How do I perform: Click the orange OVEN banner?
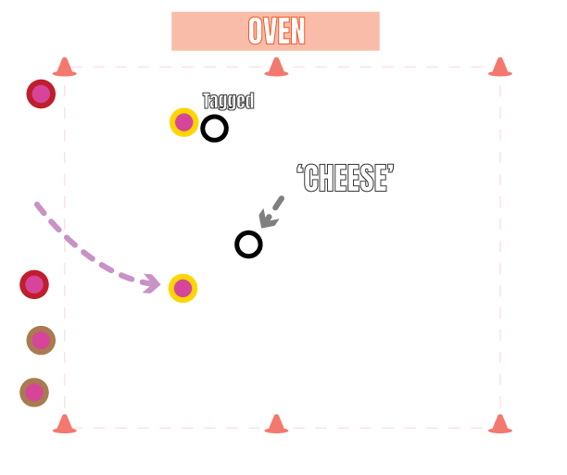[x=275, y=31]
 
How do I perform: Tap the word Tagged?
[x=228, y=101]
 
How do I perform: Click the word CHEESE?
[x=346, y=179]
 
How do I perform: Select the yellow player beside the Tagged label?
[x=183, y=122]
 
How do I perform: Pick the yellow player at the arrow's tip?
[x=183, y=288]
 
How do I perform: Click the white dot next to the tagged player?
[x=214, y=129]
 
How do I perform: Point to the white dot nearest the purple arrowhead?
[x=248, y=244]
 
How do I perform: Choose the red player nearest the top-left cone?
[x=41, y=94]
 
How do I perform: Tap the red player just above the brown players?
[x=34, y=284]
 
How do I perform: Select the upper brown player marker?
[x=41, y=340]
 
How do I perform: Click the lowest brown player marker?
[x=34, y=393]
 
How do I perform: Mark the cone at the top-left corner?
[x=64, y=67]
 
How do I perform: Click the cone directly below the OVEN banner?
[x=276, y=67]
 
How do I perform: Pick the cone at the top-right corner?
[x=499, y=67]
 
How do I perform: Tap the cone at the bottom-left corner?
[x=64, y=424]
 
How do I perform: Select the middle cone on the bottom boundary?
[x=276, y=424]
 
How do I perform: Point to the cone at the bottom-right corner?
[x=499, y=424]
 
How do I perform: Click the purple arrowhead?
[x=151, y=283]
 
